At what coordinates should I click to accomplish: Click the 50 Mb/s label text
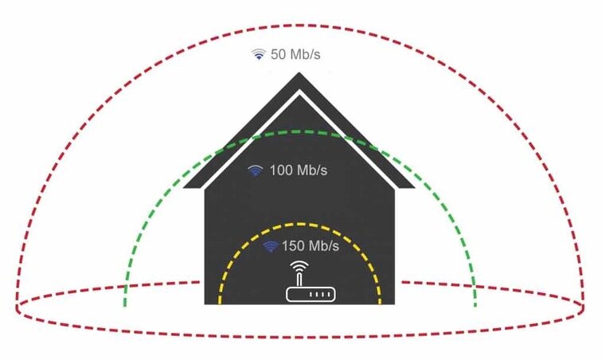298,55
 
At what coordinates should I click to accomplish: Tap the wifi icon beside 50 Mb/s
258,55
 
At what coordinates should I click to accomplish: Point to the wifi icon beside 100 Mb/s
256,170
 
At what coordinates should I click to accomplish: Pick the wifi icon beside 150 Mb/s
271,246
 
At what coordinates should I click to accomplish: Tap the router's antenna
299,278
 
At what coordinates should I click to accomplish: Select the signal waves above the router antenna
299,265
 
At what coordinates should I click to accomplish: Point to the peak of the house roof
299,74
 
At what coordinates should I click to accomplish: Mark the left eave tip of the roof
185,187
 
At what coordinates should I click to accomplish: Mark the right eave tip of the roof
414,187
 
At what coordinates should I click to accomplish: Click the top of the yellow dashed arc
299,224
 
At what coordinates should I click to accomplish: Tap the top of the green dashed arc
299,132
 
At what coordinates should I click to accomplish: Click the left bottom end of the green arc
124,305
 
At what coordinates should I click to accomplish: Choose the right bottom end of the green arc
475,305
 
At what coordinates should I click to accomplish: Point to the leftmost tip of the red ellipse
17,305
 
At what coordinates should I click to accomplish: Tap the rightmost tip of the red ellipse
584,305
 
